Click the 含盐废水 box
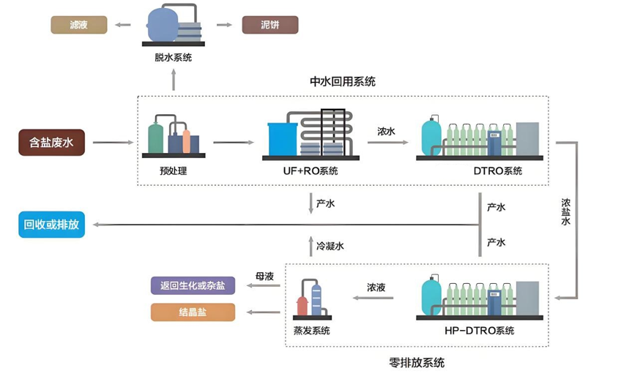click(x=51, y=143)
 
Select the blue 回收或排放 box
click(x=51, y=225)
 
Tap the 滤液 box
click(x=78, y=26)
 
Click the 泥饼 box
click(x=270, y=26)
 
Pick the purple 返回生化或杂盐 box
click(x=193, y=285)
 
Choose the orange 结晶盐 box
click(x=193, y=312)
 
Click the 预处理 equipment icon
click(x=173, y=137)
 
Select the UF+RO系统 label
click(x=311, y=172)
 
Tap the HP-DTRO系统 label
click(x=479, y=331)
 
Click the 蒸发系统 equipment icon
click(x=311, y=300)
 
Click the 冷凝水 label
click(x=330, y=246)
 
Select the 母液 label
click(x=264, y=277)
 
